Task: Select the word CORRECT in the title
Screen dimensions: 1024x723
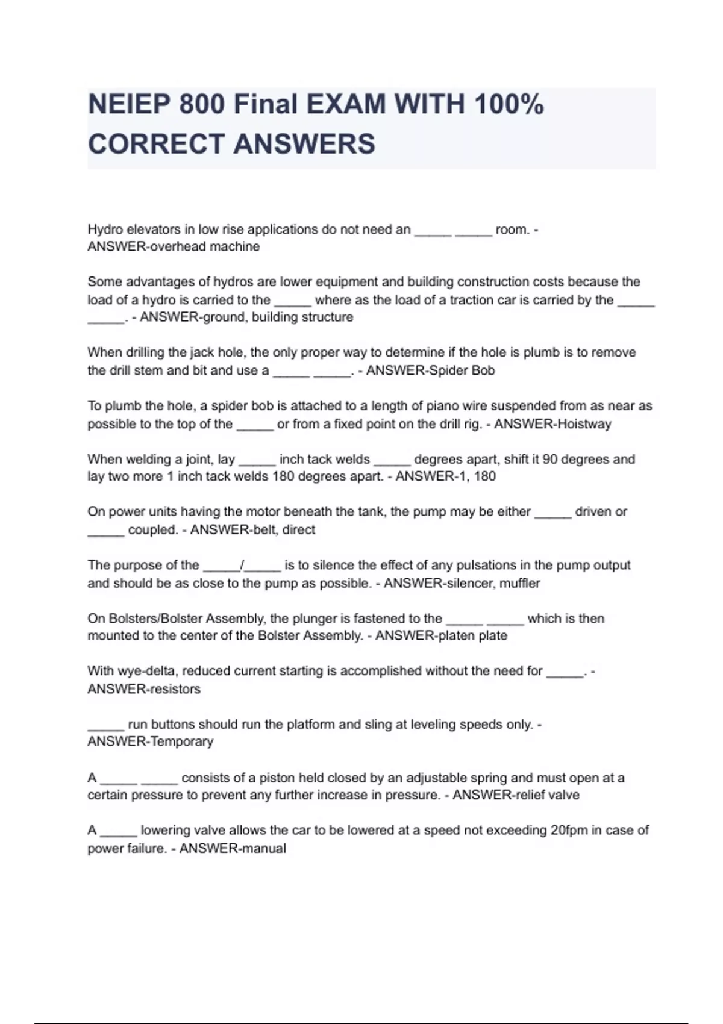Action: click(156, 144)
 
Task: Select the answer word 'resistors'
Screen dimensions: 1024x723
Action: click(174, 689)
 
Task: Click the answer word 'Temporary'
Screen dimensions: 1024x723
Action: click(181, 742)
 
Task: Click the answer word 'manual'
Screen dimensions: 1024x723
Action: click(262, 849)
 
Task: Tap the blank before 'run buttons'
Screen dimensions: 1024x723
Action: click(105, 725)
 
